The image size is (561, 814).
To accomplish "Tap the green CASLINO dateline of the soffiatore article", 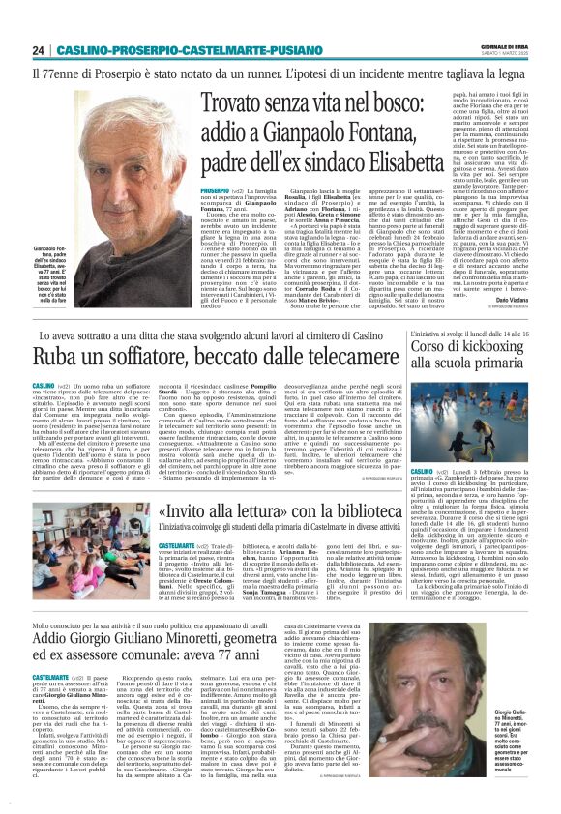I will [x=46, y=383].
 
